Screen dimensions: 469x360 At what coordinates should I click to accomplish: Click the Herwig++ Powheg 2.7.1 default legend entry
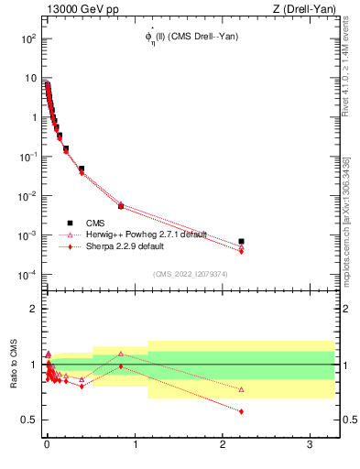click(x=138, y=234)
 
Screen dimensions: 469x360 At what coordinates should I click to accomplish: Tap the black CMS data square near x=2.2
click(x=241, y=242)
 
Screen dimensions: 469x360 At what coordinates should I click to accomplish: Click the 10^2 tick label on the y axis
click(x=27, y=39)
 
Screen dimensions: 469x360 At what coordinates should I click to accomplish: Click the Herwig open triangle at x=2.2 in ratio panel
click(x=241, y=389)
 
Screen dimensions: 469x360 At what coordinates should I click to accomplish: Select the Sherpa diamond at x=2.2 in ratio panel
click(x=241, y=411)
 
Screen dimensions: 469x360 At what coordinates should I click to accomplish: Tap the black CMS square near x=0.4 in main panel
click(x=82, y=169)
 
